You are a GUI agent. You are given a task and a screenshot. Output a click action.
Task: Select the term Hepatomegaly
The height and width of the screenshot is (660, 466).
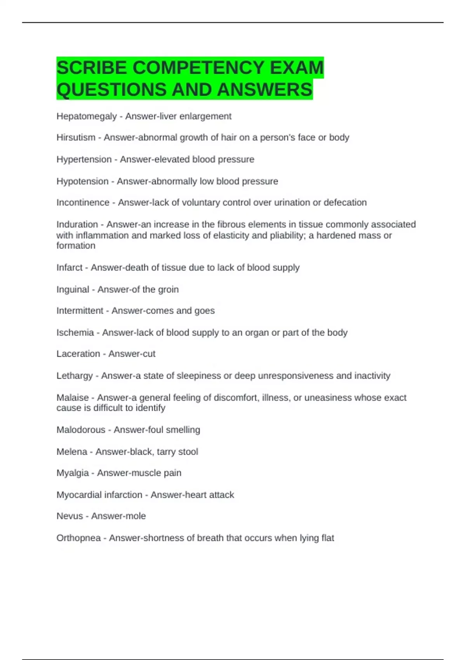click(86, 116)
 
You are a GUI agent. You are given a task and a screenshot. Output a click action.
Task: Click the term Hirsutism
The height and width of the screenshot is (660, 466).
click(76, 137)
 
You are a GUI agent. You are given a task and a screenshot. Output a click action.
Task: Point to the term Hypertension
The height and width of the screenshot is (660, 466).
click(84, 160)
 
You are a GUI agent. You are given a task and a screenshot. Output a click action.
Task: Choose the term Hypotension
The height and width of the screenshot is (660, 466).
click(82, 181)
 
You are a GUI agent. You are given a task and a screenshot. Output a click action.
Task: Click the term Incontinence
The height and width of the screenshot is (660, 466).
click(83, 203)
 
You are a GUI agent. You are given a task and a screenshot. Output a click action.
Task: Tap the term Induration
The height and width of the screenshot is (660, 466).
click(77, 224)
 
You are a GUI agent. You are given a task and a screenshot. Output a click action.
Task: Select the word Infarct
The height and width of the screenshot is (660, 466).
click(69, 267)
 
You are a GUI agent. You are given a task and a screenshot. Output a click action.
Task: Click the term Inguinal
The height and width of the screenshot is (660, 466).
click(73, 290)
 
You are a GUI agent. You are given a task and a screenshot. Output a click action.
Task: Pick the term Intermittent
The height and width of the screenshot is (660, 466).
click(80, 311)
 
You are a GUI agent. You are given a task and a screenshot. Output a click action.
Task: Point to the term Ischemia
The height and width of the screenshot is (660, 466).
click(75, 333)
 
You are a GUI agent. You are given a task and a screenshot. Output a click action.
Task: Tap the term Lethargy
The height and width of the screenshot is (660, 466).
click(75, 376)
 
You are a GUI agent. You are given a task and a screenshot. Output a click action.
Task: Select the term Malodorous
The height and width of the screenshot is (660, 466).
click(81, 430)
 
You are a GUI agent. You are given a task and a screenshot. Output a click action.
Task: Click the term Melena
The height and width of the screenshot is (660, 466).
click(72, 452)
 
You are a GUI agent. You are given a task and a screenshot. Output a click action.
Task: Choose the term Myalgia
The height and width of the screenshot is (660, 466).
click(73, 473)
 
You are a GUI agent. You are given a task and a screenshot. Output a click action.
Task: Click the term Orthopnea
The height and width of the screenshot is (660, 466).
click(78, 538)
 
